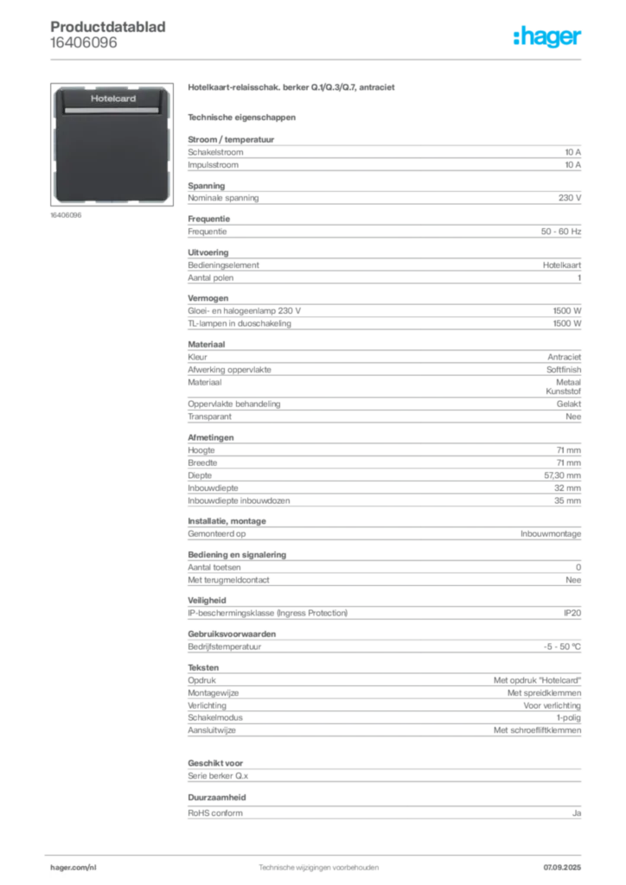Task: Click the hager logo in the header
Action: pos(546,36)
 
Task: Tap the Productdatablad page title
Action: pos(108,27)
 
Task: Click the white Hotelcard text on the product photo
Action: pos(113,99)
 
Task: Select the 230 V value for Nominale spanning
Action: pos(570,198)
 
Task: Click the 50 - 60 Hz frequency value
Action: pos(560,232)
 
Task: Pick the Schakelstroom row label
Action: pos(215,152)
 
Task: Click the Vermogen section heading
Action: pos(208,298)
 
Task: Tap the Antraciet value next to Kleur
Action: pos(564,357)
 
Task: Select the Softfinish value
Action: pos(564,370)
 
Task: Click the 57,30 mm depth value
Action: pos(562,475)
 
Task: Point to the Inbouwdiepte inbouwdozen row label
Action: pos(239,500)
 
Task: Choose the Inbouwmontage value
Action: pos(551,533)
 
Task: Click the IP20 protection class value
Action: pos(572,613)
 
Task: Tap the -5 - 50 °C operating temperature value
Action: pos(562,646)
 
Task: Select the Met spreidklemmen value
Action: pos(544,692)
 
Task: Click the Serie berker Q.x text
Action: pos(218,776)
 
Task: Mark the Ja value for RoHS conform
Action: pos(577,813)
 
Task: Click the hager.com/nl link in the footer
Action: pos(73,868)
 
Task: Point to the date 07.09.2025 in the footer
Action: pos(562,868)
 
